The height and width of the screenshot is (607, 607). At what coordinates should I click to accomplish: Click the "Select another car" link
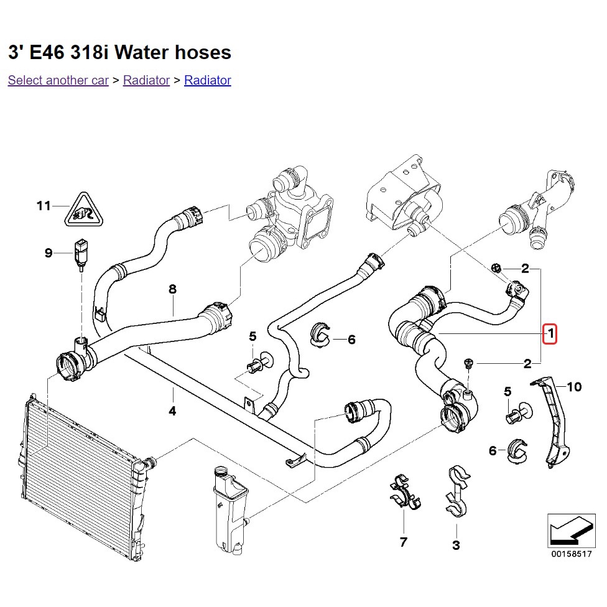tap(58, 80)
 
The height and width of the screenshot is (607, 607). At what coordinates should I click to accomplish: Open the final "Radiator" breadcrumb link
tap(207, 80)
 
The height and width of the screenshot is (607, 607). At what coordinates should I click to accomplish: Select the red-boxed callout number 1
tap(550, 334)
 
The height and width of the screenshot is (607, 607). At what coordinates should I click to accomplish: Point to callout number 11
tap(43, 205)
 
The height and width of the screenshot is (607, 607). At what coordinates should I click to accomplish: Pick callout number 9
tap(49, 253)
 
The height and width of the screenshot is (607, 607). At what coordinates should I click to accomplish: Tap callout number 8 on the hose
tap(172, 289)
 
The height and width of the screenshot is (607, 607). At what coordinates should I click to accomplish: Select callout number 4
tap(172, 411)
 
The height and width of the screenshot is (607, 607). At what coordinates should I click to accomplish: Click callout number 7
tap(403, 542)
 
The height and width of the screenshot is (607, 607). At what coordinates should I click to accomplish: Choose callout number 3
tap(456, 545)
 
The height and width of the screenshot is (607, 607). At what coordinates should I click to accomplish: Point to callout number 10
tap(574, 387)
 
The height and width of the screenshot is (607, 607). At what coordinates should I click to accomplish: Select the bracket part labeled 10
tap(554, 423)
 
